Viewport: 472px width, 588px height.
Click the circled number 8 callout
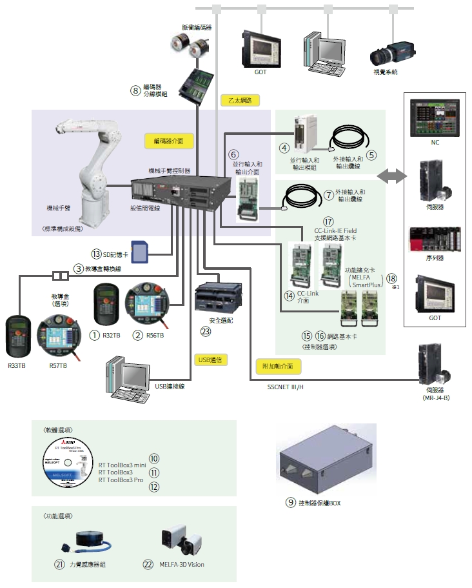135,91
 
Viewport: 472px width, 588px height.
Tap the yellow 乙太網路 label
241,100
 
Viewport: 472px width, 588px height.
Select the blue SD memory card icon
140,250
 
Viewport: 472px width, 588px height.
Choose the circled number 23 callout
206,332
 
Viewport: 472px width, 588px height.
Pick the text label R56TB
155,336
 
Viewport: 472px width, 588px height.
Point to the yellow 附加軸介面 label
279,366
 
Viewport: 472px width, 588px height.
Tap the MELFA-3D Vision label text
182,565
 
